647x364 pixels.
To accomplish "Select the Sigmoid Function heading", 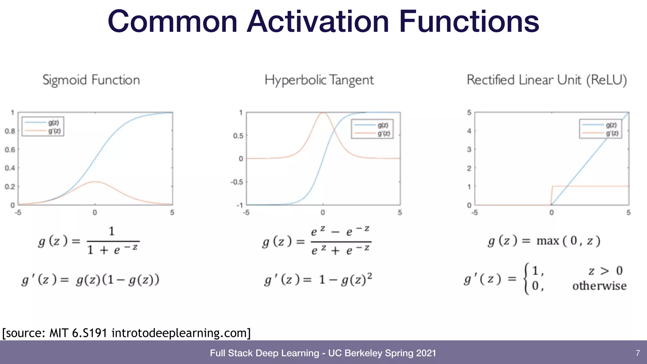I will click(x=91, y=80).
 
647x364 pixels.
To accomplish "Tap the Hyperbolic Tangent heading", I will click(x=319, y=80).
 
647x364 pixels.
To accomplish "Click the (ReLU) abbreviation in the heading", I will click(x=607, y=80).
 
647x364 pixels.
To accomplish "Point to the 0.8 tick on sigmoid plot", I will click(x=10, y=131).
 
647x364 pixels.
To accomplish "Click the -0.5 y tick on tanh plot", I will click(x=237, y=182).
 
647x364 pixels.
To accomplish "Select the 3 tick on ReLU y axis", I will click(x=469, y=149).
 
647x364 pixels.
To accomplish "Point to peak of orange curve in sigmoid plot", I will click(x=95, y=182).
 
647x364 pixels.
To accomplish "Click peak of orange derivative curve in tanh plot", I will click(x=323, y=112).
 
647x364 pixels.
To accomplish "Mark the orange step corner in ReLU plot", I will click(x=552, y=186).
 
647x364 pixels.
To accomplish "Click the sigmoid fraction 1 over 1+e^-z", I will click(x=112, y=241).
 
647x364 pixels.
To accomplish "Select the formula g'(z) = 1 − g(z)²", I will click(x=318, y=280).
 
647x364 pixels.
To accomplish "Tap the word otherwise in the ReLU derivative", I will click(x=599, y=286).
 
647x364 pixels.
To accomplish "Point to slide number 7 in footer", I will click(x=638, y=353).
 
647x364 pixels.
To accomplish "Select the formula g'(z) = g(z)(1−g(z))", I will click(x=90, y=280).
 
